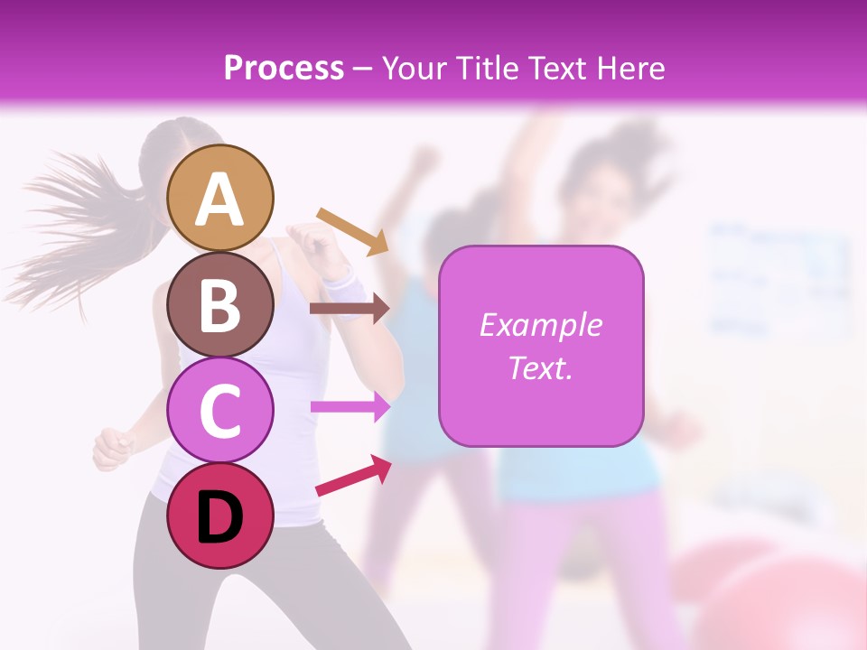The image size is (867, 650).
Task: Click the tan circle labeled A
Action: click(x=220, y=198)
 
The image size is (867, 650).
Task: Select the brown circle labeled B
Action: click(x=220, y=304)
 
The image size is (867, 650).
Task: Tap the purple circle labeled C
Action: click(x=220, y=410)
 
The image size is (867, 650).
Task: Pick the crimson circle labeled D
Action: click(x=220, y=515)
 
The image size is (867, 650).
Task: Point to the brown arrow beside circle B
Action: click(x=350, y=309)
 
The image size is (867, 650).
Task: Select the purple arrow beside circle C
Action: click(x=350, y=407)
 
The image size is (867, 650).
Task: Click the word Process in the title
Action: click(x=284, y=69)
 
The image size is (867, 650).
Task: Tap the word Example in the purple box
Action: click(x=540, y=325)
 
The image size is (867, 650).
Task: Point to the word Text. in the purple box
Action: click(x=540, y=368)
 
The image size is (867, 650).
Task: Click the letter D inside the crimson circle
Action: click(x=220, y=518)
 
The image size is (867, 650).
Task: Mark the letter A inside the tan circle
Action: click(x=220, y=200)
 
